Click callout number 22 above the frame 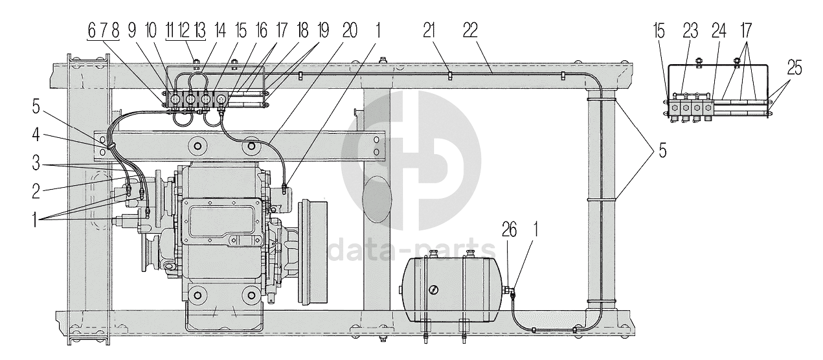(470, 30)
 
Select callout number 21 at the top (429, 30)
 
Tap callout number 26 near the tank (509, 230)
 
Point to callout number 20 (350, 30)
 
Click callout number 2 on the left (36, 192)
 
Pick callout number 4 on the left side (36, 135)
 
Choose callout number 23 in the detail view (690, 30)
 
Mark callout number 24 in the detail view (719, 30)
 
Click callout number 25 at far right (795, 68)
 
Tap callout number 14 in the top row (220, 30)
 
